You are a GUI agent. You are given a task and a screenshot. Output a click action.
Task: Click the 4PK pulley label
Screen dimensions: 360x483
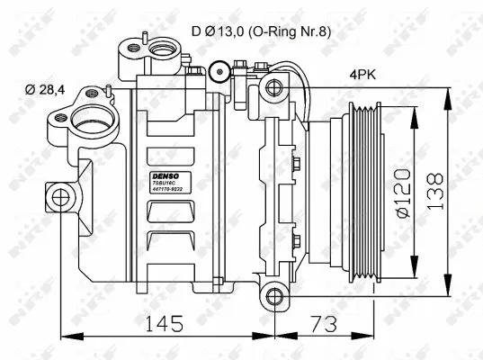364,77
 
